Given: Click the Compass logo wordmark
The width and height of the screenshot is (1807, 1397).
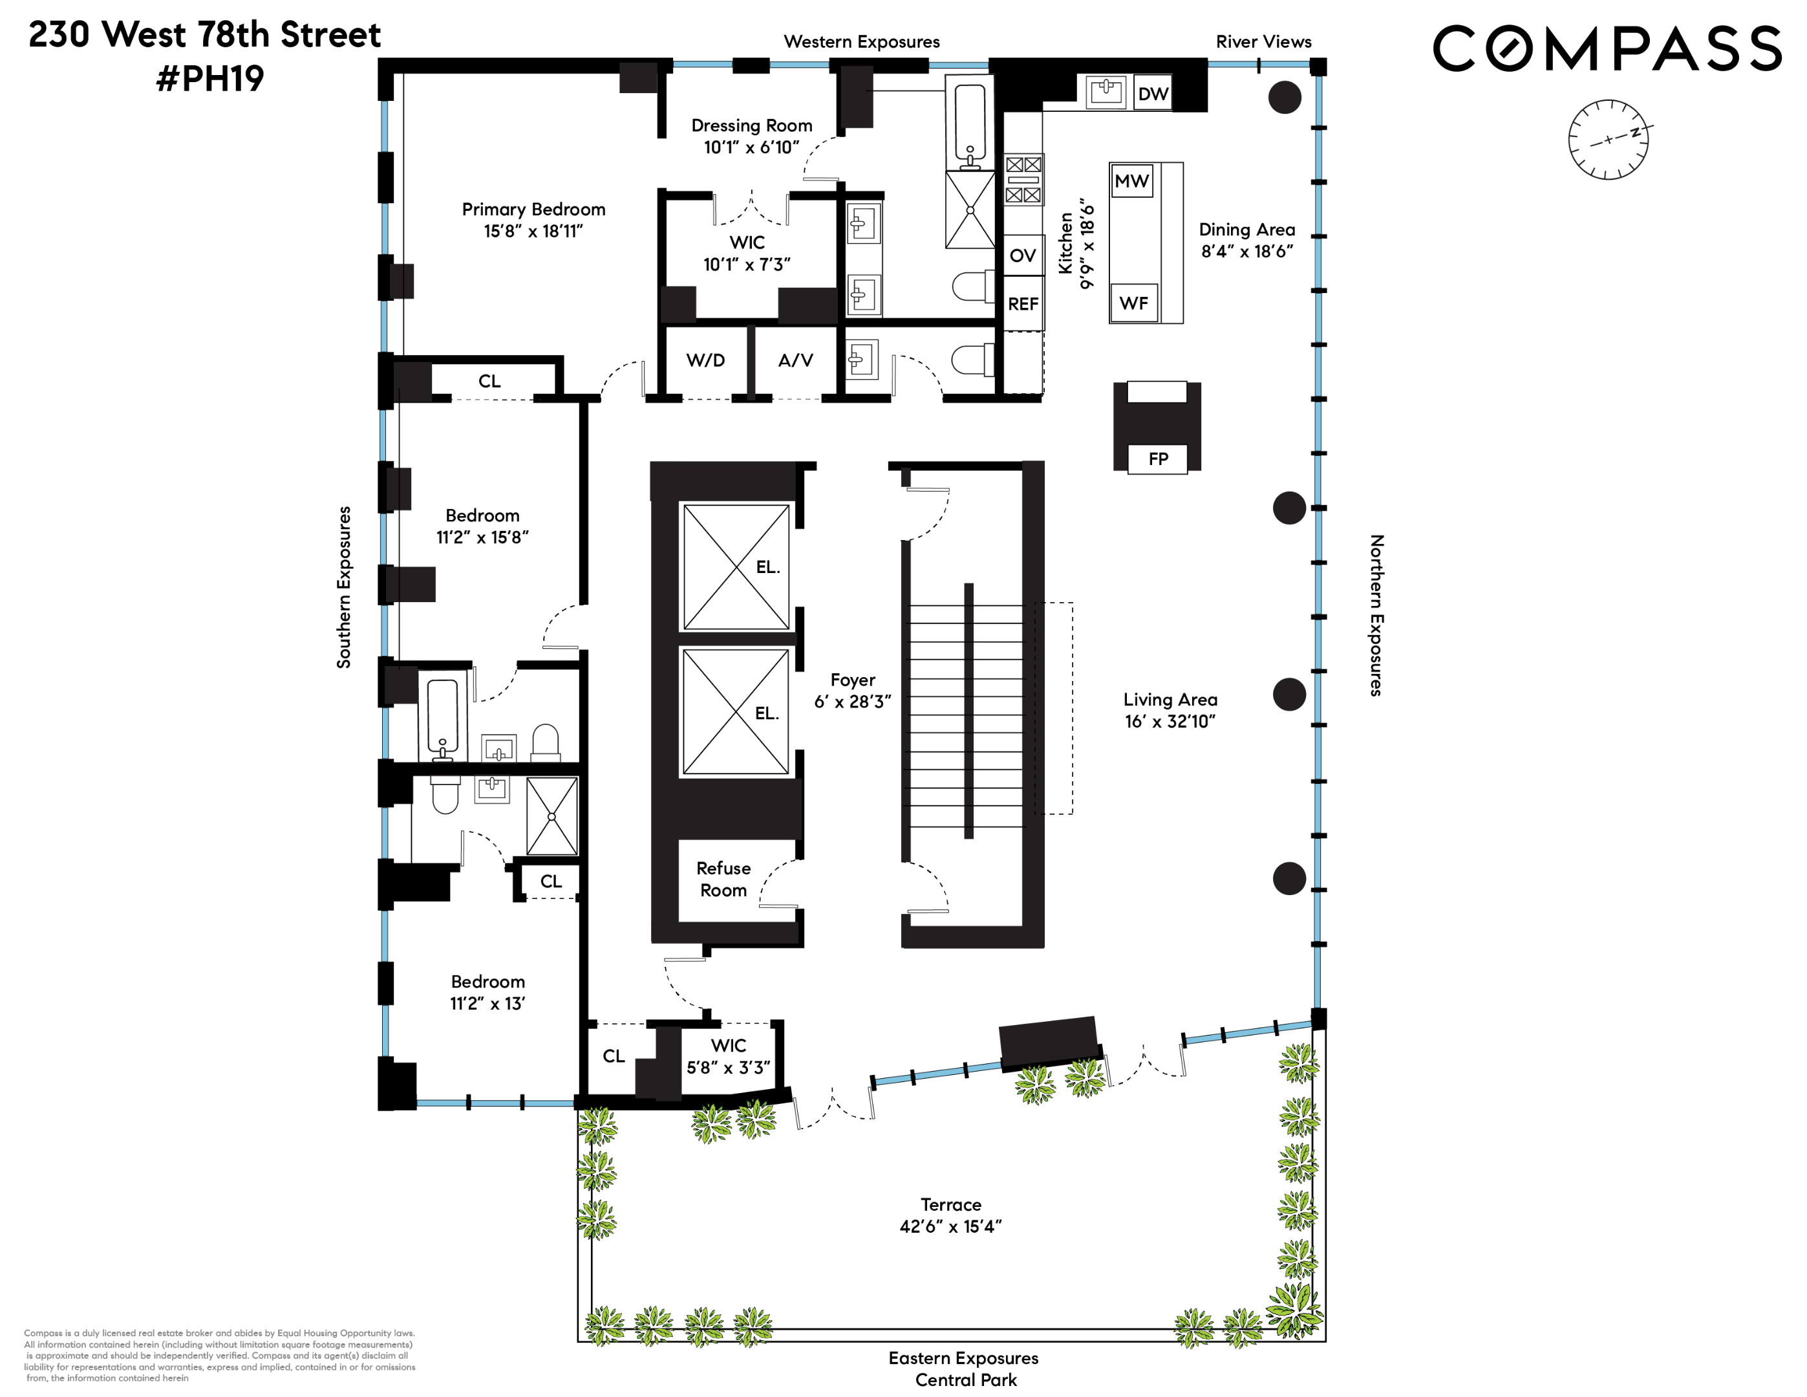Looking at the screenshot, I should point(1606,48).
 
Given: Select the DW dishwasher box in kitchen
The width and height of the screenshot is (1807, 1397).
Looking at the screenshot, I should point(1153,94).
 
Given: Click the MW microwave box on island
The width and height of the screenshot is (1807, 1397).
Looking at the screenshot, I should point(1131,180).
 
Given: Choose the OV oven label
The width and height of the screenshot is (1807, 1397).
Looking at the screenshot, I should point(1023,255).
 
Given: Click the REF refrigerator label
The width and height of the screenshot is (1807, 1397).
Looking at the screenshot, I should point(1023,304).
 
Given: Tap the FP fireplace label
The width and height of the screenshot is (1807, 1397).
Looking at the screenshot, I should point(1157,459).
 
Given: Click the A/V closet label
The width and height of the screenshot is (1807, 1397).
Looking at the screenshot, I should point(795,360).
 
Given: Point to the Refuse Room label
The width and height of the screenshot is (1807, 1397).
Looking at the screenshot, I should point(723,879).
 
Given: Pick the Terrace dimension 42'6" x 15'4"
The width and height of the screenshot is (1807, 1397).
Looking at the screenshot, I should point(950,1226).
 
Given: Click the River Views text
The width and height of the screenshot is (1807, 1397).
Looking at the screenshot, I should point(1263,41).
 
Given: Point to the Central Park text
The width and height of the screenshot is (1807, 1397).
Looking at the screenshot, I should point(965,1380).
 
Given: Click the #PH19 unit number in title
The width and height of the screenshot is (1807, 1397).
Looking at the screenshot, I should point(210,79).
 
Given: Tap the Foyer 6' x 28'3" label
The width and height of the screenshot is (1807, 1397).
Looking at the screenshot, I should point(852,690).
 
